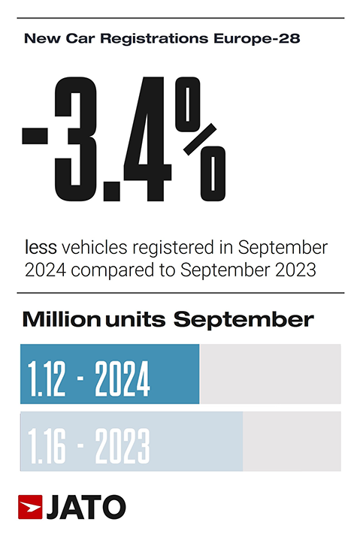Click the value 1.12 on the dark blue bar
[48, 376]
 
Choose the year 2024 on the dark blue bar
[123, 376]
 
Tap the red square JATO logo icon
[29, 508]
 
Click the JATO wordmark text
[86, 508]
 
